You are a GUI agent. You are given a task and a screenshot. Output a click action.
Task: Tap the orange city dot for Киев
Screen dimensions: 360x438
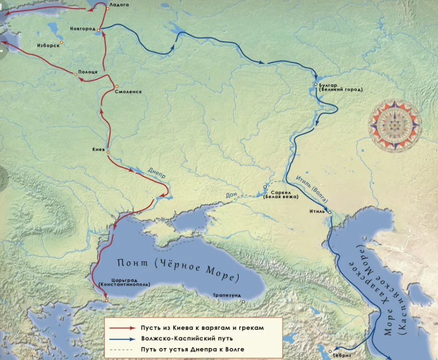coord(108,152)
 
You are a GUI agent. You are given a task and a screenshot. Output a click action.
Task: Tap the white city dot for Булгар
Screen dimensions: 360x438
coord(316,85)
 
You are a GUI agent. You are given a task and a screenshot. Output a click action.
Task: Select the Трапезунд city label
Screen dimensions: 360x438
coord(226,294)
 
